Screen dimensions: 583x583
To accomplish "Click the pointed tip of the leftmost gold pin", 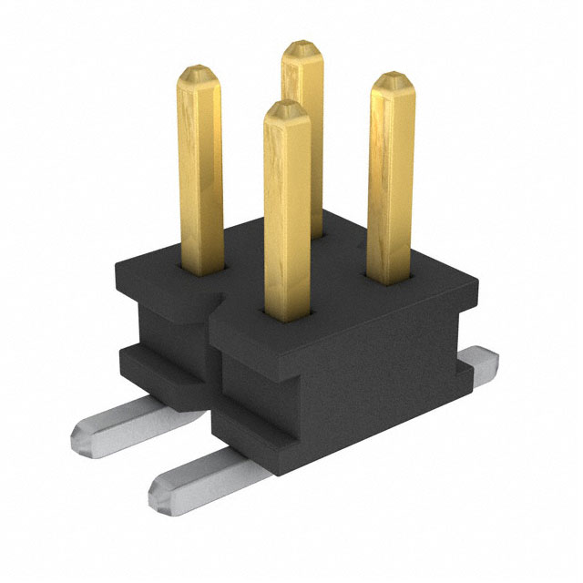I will pos(198,72).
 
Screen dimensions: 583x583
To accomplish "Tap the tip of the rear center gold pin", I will pos(302,47).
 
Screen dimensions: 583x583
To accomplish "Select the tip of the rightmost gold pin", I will pos(393,80).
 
